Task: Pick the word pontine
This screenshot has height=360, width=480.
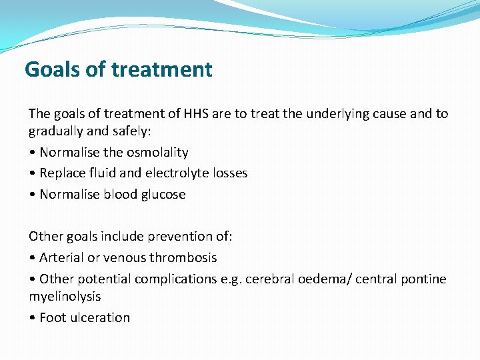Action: coord(425,279)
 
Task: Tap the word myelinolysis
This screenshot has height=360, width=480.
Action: coord(65,296)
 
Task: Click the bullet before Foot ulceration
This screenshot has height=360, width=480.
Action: coord(32,318)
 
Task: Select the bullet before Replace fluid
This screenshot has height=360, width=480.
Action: coord(32,173)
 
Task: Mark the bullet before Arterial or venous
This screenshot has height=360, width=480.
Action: coord(32,258)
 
